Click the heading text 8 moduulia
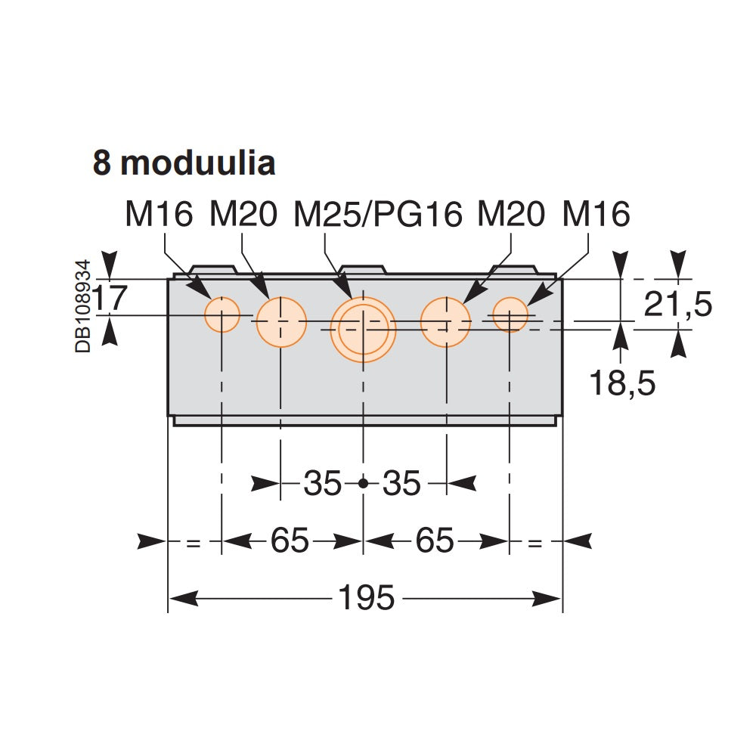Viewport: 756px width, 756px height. [x=184, y=163]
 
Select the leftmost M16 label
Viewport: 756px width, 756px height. [x=160, y=215]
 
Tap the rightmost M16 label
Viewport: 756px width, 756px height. [x=596, y=215]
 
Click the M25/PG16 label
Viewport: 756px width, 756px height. [x=377, y=215]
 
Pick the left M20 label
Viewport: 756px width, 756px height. [x=243, y=215]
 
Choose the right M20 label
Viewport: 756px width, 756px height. [x=511, y=215]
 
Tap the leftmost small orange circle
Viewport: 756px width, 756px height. [x=222, y=314]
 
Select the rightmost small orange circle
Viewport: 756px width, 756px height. [x=510, y=314]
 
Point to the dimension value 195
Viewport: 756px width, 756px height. [x=365, y=599]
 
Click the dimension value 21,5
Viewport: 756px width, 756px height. [x=677, y=305]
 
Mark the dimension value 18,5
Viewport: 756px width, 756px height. [x=621, y=384]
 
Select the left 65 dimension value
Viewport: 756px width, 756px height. [x=290, y=541]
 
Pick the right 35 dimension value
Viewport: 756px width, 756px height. [x=401, y=484]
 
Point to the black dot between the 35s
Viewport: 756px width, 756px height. [x=363, y=483]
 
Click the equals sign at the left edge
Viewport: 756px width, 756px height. [x=194, y=542]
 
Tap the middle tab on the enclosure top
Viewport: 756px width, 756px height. [x=363, y=269]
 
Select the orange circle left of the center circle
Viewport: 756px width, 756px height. [x=280, y=321]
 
